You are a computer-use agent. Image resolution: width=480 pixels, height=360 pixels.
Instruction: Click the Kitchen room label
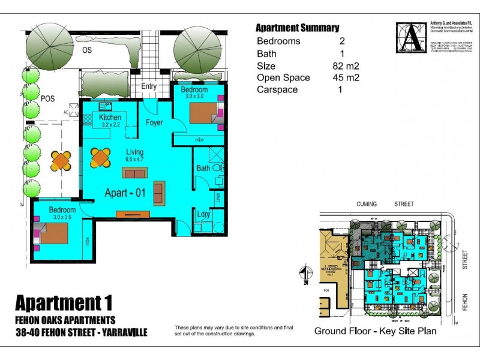point(110,118)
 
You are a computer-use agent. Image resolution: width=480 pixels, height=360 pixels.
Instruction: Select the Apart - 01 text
point(126,193)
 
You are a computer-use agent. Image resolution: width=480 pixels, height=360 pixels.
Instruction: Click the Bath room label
point(203,169)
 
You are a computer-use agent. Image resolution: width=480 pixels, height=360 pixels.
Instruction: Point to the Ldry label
point(203,214)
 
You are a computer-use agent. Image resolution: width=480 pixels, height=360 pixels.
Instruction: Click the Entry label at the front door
point(149,86)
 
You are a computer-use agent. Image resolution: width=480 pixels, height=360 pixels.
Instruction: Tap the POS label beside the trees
point(48,99)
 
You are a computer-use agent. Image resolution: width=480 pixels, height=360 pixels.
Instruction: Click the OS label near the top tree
point(87,50)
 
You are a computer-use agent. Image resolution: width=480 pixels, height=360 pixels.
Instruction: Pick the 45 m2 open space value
point(346,78)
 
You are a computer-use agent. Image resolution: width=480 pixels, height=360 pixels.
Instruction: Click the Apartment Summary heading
point(297,28)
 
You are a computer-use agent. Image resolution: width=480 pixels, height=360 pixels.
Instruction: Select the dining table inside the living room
point(101,157)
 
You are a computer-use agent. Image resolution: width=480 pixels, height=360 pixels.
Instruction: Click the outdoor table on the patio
point(61,160)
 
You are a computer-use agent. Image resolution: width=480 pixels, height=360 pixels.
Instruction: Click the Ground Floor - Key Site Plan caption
point(376,331)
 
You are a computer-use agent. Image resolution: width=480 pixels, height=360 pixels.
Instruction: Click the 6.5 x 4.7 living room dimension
point(134,160)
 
